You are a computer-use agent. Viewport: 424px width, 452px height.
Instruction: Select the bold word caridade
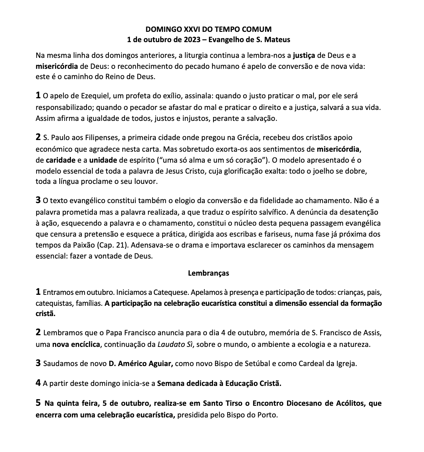pos(60,160)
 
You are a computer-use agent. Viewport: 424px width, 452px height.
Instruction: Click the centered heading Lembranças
pos(209,273)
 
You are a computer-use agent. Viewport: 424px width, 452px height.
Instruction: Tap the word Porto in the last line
pos(268,415)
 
